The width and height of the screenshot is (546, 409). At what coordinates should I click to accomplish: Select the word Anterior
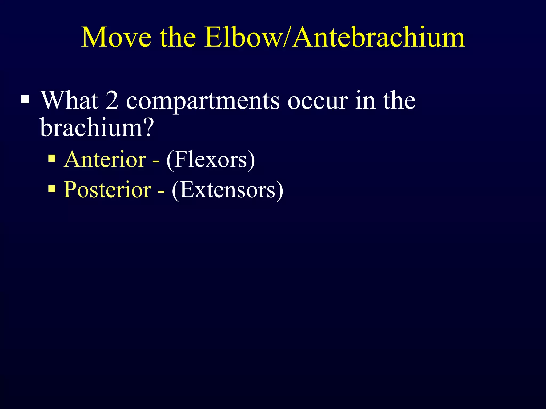click(105, 159)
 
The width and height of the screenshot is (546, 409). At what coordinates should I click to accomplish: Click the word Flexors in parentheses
click(211, 159)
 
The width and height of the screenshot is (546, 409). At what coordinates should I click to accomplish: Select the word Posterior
click(107, 190)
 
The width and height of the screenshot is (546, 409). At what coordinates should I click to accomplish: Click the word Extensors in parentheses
click(227, 190)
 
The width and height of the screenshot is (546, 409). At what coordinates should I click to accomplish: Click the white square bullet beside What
click(25, 100)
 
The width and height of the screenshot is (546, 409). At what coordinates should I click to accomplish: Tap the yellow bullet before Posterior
click(52, 189)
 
